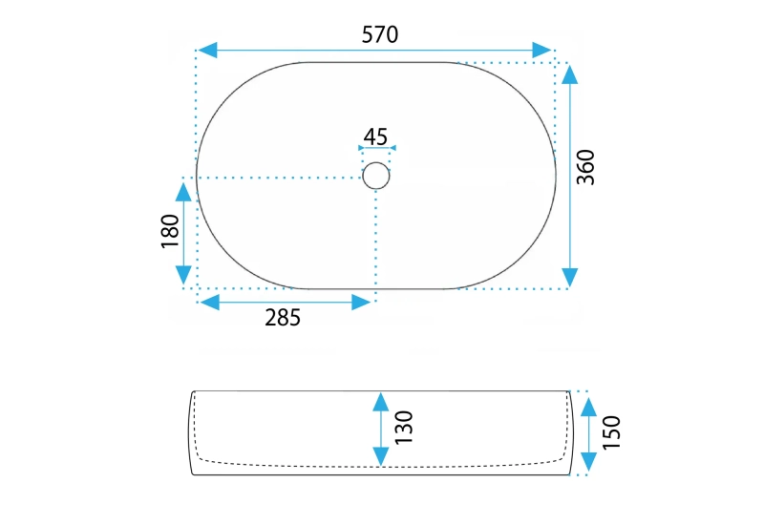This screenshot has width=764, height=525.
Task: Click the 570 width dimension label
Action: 379,34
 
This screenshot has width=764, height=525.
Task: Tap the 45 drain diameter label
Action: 376,136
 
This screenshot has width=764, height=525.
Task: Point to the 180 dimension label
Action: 170,232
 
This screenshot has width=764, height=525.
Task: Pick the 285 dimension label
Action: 282,318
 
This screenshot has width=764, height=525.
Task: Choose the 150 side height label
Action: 611,431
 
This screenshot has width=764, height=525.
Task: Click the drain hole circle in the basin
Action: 376,176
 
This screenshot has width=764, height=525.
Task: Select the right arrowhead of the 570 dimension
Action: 541,50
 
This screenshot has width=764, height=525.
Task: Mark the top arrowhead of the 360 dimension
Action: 570,75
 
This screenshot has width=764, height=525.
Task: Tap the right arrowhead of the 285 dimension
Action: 360,303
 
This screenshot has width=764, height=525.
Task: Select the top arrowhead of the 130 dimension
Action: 381,402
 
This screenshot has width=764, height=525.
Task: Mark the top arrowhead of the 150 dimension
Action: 589,402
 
